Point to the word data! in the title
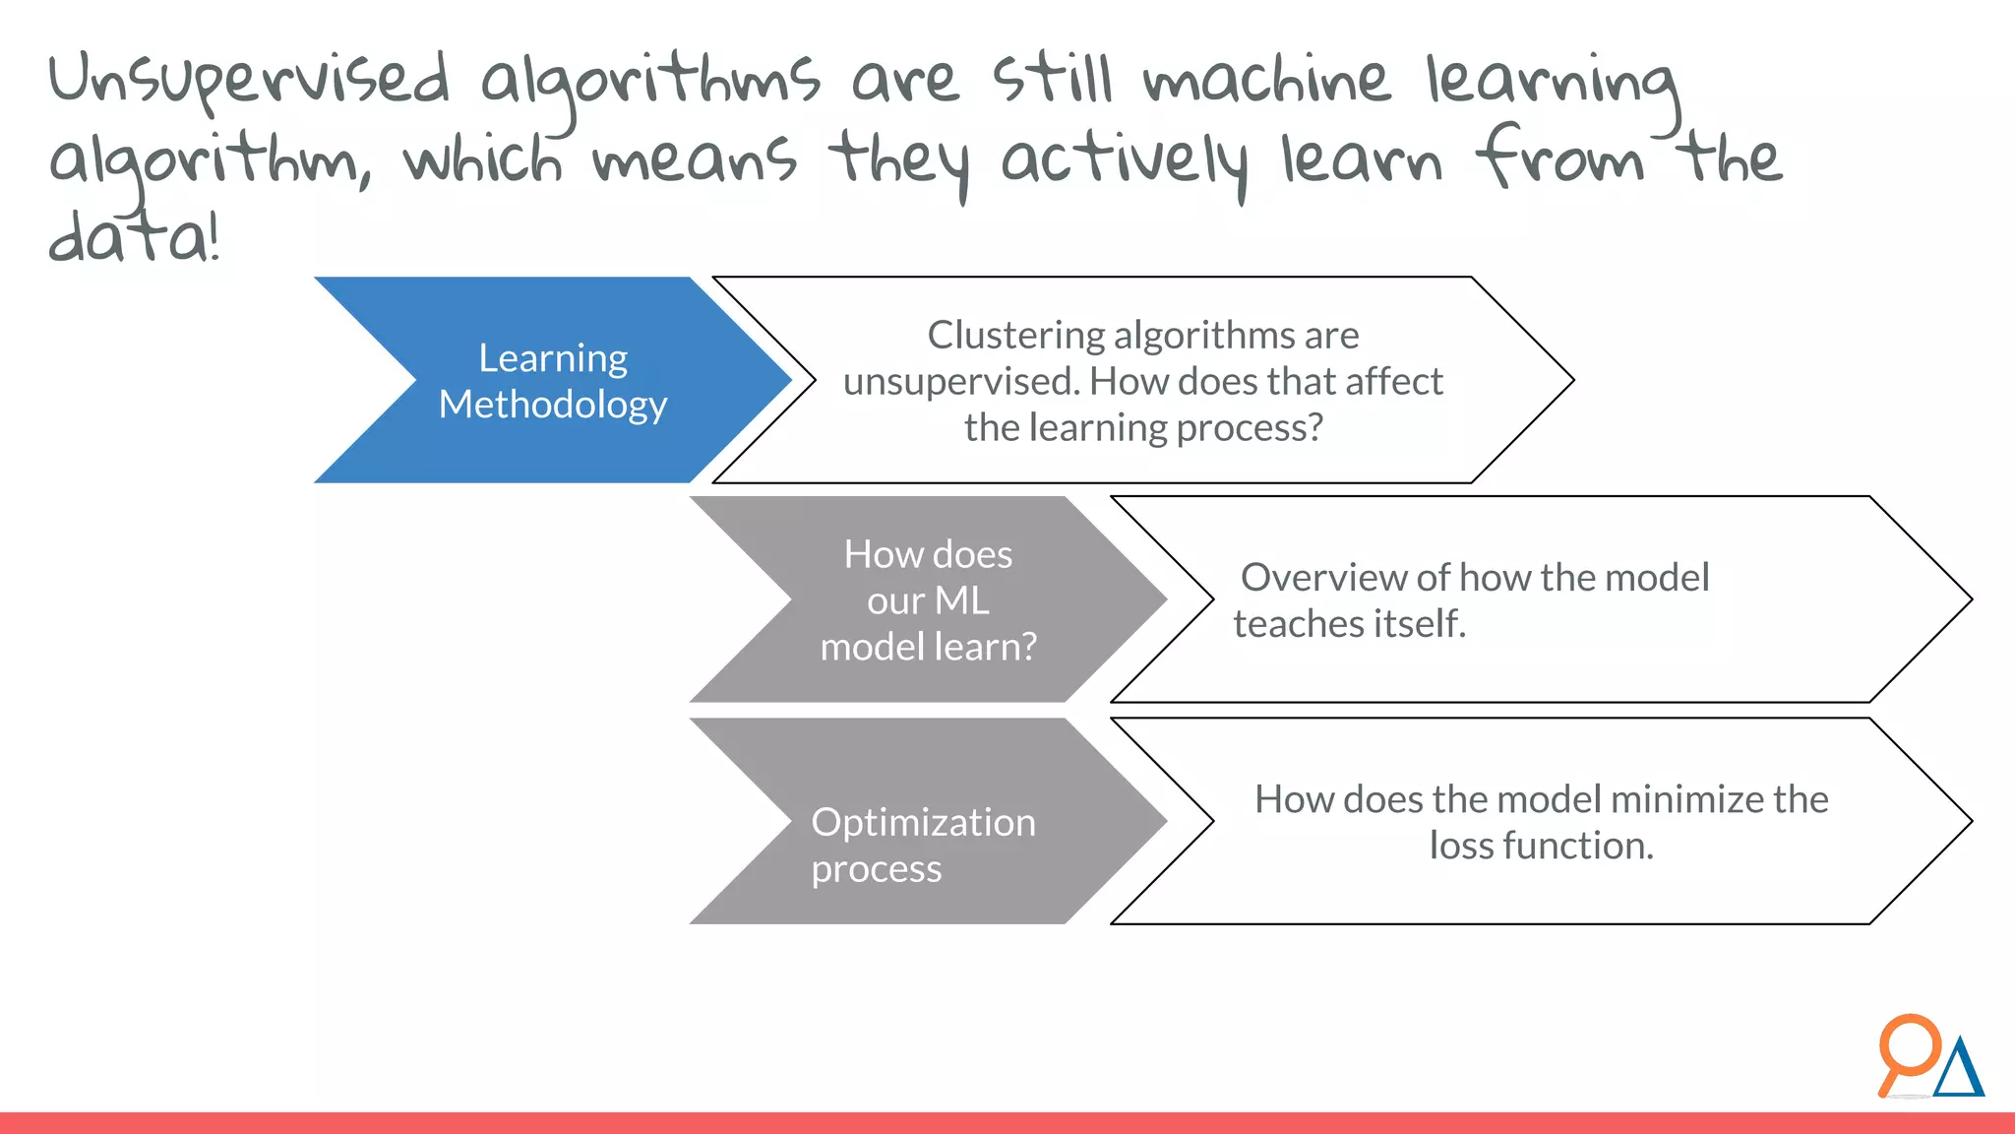tap(134, 237)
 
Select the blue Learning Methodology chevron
tap(551, 380)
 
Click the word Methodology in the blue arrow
tap(553, 405)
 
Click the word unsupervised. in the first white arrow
tap(959, 382)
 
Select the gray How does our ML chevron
tap(928, 599)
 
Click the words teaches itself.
tap(1349, 624)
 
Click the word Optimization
tap(923, 823)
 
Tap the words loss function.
tap(1541, 846)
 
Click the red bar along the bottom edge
tap(1007, 1123)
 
